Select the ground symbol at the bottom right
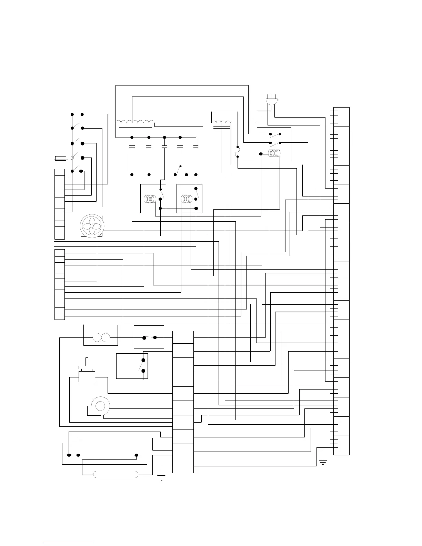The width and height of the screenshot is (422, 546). (x=323, y=462)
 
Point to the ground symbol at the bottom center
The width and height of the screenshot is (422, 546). (x=161, y=477)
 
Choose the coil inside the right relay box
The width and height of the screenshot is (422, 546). (x=187, y=199)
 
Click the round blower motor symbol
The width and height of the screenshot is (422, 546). (x=100, y=406)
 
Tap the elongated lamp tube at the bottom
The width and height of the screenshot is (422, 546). (x=116, y=475)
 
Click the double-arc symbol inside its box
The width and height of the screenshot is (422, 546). (x=100, y=337)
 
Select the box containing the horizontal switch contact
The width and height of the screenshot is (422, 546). (x=149, y=337)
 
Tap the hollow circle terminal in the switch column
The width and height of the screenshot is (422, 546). (x=72, y=158)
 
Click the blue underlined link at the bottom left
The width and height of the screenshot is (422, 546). (x=68, y=543)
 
